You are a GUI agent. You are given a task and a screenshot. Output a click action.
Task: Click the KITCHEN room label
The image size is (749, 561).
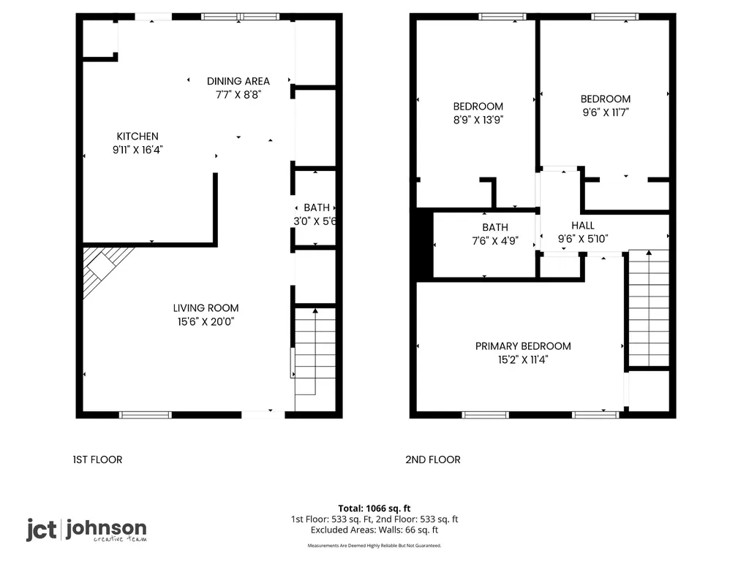[x=138, y=137]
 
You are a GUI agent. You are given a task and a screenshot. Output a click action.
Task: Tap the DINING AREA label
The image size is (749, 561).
[x=238, y=81]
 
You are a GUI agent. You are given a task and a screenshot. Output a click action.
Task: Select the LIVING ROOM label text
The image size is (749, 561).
[x=206, y=308]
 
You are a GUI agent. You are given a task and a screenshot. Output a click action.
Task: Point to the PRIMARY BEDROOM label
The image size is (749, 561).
[x=523, y=346]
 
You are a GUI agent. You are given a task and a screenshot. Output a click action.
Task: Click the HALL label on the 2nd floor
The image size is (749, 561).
[x=583, y=226]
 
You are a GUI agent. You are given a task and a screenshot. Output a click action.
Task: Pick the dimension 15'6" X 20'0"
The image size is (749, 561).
[x=206, y=322]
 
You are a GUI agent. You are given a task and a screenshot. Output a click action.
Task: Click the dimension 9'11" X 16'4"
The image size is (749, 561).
[x=138, y=150]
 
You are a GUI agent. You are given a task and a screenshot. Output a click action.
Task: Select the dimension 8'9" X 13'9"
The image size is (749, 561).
[x=478, y=120]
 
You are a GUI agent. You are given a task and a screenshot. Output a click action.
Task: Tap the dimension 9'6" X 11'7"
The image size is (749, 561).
[x=606, y=112]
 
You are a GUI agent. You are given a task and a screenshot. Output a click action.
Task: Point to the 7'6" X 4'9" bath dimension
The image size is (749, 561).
[x=495, y=241]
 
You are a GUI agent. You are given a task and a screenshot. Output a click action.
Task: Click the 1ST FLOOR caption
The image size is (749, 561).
[x=97, y=460]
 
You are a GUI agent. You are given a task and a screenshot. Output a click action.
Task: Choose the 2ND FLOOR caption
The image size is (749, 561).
[x=433, y=460]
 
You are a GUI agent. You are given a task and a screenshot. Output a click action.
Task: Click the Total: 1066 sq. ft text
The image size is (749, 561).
[x=374, y=508]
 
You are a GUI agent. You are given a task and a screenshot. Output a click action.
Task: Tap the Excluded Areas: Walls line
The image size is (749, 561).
[x=374, y=530]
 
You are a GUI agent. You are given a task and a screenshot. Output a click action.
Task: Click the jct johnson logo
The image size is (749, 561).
[x=86, y=530]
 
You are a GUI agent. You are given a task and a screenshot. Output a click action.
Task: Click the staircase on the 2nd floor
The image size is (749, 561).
[x=649, y=308]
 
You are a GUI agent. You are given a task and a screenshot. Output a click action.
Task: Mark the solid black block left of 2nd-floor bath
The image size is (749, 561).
[x=425, y=244]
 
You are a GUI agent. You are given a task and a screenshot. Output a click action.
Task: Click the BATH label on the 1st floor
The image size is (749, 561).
[x=317, y=208]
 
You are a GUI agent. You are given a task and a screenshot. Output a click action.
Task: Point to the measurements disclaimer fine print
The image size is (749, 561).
[x=374, y=545]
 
